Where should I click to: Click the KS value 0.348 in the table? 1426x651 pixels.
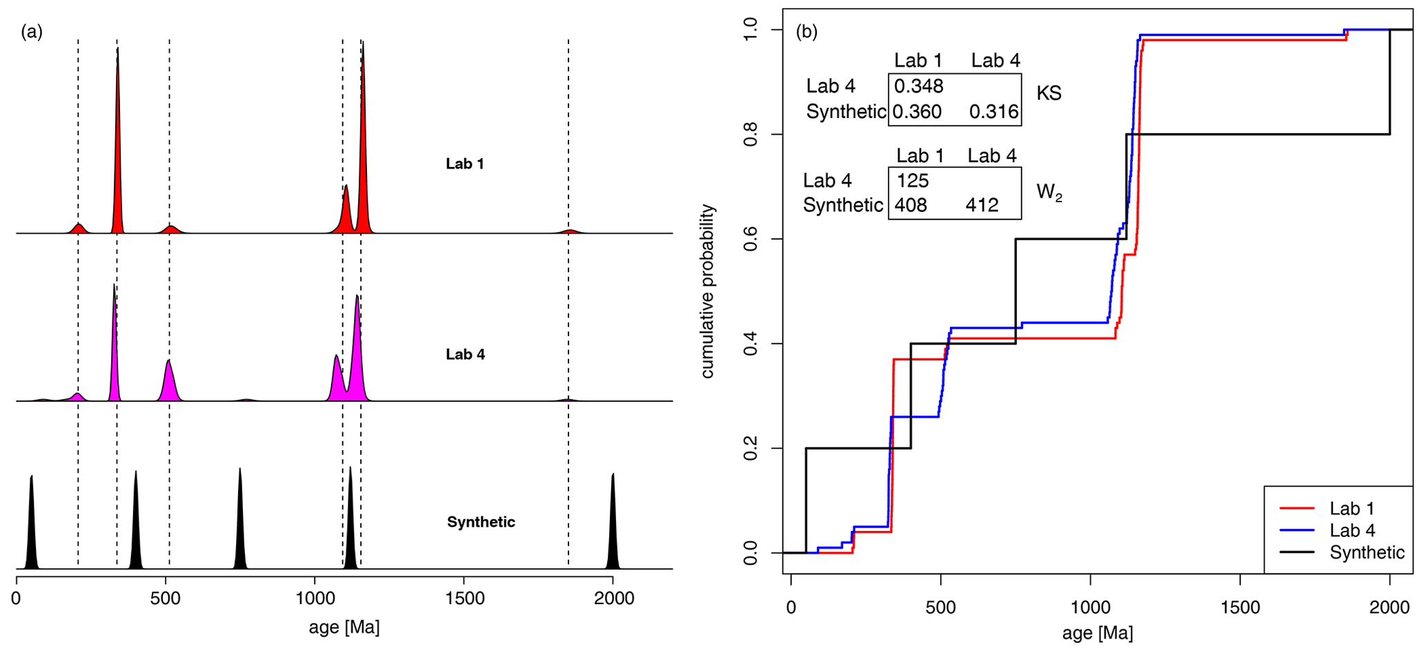(x=918, y=86)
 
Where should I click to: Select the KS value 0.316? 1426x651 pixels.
(x=993, y=112)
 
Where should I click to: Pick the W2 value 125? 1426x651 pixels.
(x=913, y=181)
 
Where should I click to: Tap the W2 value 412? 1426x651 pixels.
(x=982, y=206)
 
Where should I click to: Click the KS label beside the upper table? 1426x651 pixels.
(x=1049, y=94)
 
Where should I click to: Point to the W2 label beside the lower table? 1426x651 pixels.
(x=1049, y=193)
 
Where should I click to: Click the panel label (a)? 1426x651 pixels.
(x=32, y=32)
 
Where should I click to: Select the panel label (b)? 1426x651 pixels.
(x=806, y=32)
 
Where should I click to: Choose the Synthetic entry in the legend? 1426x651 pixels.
(x=1367, y=553)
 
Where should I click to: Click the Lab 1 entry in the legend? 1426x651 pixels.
(x=1351, y=509)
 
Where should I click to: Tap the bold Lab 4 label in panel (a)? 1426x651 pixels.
(x=465, y=355)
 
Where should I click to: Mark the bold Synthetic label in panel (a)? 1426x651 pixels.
(x=481, y=522)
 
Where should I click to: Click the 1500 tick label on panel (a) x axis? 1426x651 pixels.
(x=464, y=599)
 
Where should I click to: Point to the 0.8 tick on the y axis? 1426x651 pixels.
(x=750, y=135)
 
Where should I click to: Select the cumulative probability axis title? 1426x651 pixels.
(x=707, y=291)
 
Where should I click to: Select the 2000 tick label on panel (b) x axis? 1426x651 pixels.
(x=1389, y=608)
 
